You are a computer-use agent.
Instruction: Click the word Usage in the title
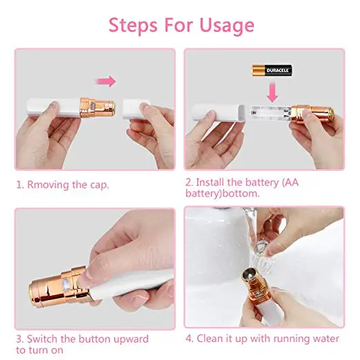[220, 26]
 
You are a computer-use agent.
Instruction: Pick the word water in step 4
[323, 339]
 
